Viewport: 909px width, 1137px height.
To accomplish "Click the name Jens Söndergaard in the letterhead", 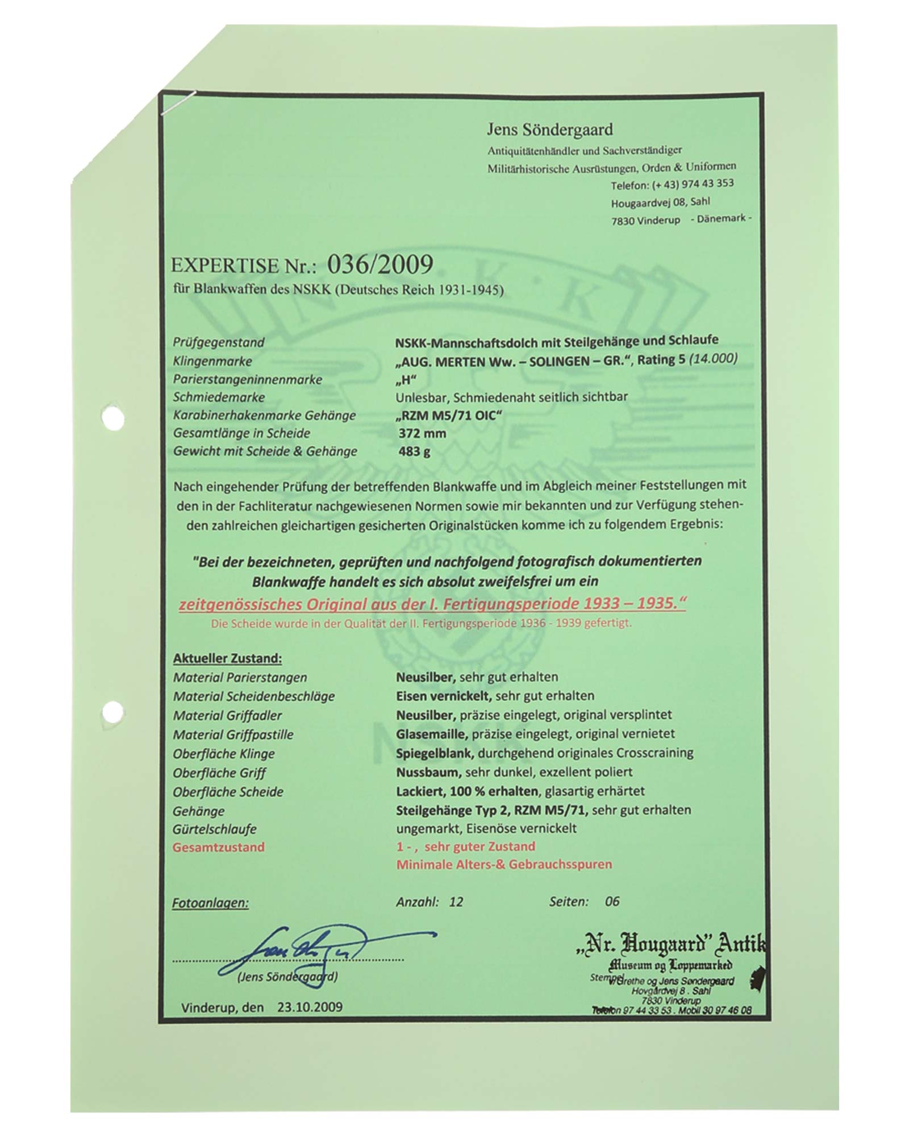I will (549, 130).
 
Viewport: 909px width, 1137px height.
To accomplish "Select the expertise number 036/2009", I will (380, 264).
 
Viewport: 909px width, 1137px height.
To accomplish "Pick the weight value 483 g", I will (414, 451).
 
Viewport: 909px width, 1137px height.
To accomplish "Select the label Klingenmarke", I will (212, 361).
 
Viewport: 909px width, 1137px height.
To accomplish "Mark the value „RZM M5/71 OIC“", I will (449, 415).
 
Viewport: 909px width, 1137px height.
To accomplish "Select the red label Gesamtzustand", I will (219, 847).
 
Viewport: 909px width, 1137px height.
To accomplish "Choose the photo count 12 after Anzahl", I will (456, 901).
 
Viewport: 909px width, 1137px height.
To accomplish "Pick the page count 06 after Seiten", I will (612, 901).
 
